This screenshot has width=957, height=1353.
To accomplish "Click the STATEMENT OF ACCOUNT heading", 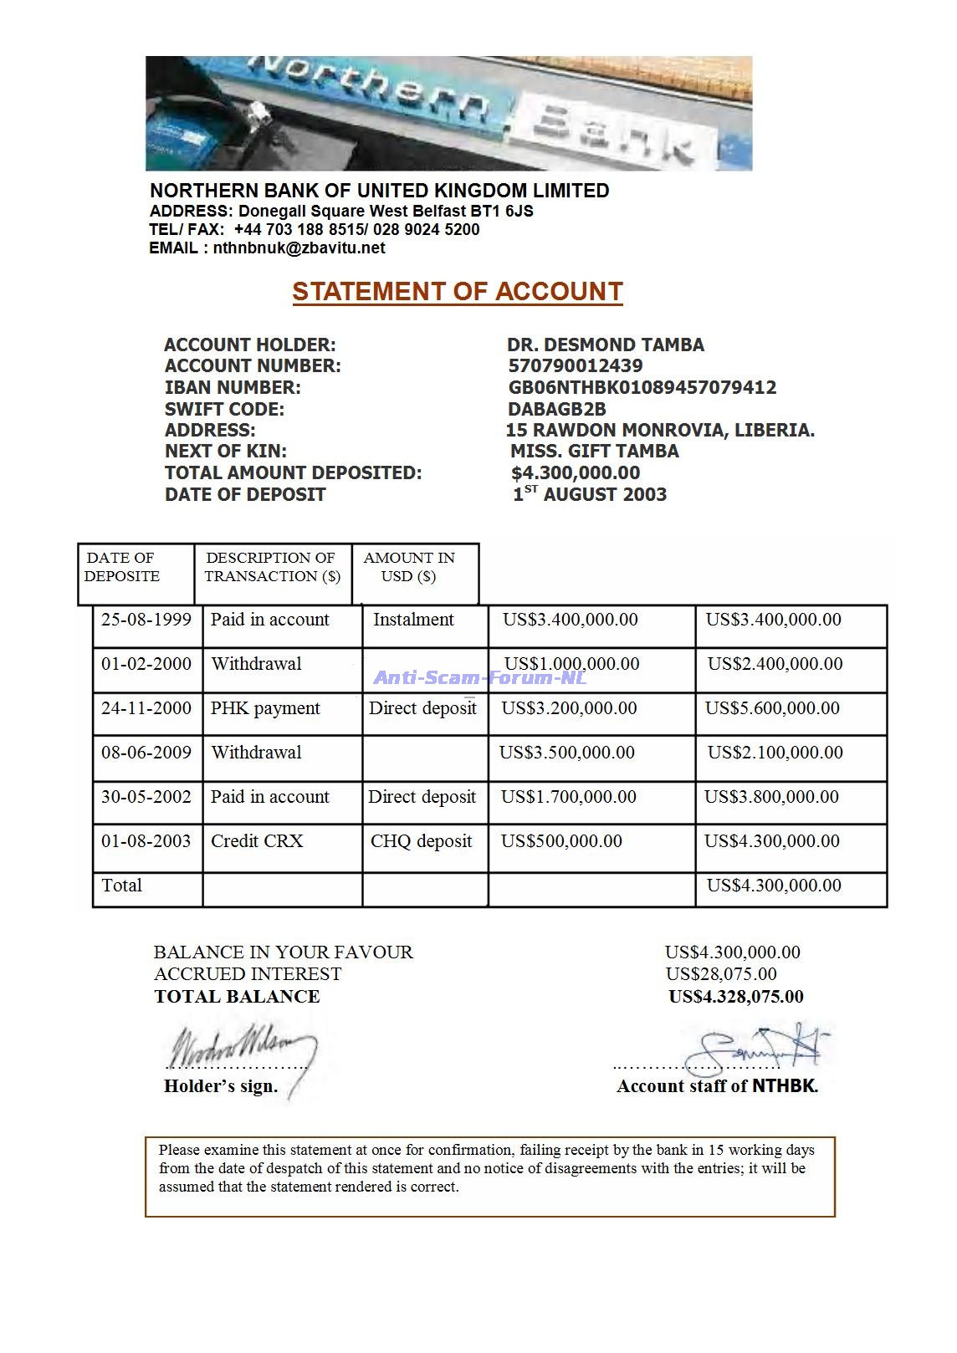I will point(457,291).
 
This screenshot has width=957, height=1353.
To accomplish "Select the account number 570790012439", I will point(576,365).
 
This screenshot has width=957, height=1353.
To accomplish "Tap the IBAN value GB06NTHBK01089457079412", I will point(642,387).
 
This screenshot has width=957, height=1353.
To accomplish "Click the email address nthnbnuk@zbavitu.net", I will point(299,248).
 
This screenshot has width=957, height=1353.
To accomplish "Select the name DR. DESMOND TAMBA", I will point(605,345).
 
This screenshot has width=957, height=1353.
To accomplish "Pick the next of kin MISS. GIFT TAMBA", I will point(594,452).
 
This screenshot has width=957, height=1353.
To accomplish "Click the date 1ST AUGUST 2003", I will point(590,494).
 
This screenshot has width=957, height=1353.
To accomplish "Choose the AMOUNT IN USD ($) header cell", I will point(409,567).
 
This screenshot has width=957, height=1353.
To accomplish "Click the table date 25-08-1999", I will point(146,620).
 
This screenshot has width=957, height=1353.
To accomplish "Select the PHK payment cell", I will point(265,708).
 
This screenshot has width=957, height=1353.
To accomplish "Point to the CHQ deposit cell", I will point(422,841).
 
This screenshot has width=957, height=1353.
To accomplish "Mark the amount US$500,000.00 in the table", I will point(561,841).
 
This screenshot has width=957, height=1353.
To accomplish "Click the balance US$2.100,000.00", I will point(775,753).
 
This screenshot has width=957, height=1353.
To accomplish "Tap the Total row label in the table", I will point(121,886).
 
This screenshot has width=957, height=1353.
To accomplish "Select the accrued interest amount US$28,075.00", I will point(721,974).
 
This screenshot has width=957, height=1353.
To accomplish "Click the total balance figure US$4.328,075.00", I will point(736,997).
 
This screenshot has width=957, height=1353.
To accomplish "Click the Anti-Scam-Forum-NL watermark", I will point(479,677).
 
